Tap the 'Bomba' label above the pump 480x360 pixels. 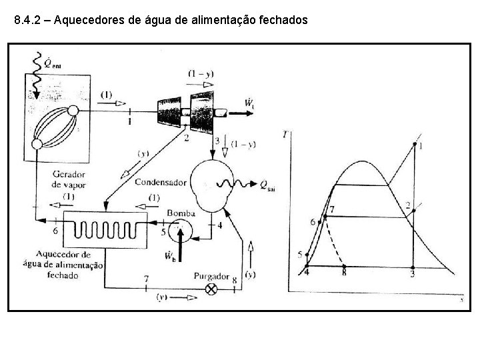coord(181,213)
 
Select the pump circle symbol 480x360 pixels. coord(179,231)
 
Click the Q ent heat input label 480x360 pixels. coord(52,64)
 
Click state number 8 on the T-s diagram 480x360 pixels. coord(343,273)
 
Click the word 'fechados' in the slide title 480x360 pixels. coord(285,21)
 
